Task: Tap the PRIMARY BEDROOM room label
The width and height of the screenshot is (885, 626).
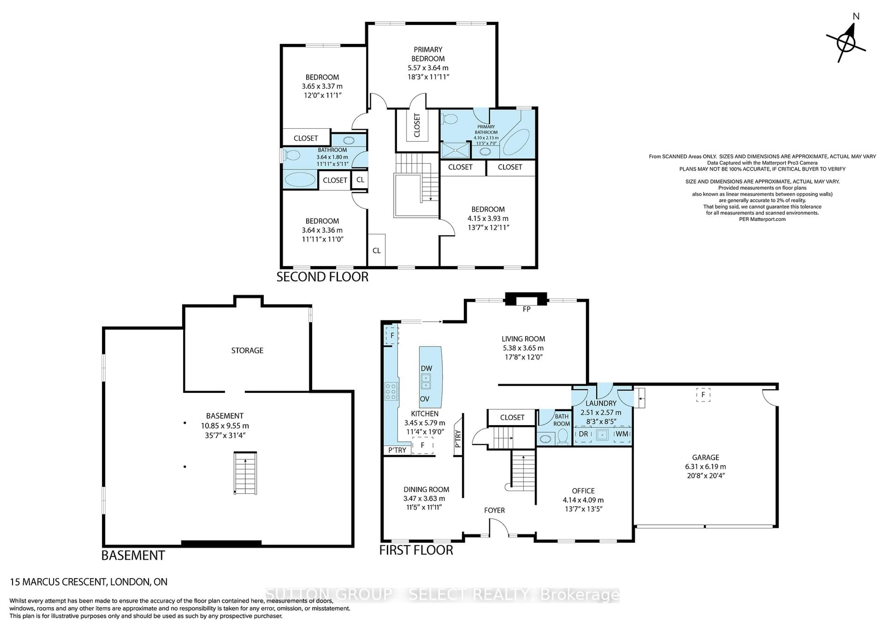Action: (428, 54)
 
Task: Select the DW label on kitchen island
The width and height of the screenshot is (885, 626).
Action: (426, 368)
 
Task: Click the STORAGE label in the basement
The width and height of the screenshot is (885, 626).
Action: (247, 350)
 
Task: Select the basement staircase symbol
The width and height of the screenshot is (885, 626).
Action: (245, 473)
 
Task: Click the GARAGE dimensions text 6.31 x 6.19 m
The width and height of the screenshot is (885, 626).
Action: (705, 467)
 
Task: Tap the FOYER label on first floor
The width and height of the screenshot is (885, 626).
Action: (494, 510)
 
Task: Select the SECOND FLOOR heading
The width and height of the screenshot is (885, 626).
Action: (322, 277)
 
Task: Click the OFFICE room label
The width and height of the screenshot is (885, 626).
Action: (583, 491)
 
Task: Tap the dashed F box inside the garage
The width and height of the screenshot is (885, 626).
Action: (703, 395)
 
